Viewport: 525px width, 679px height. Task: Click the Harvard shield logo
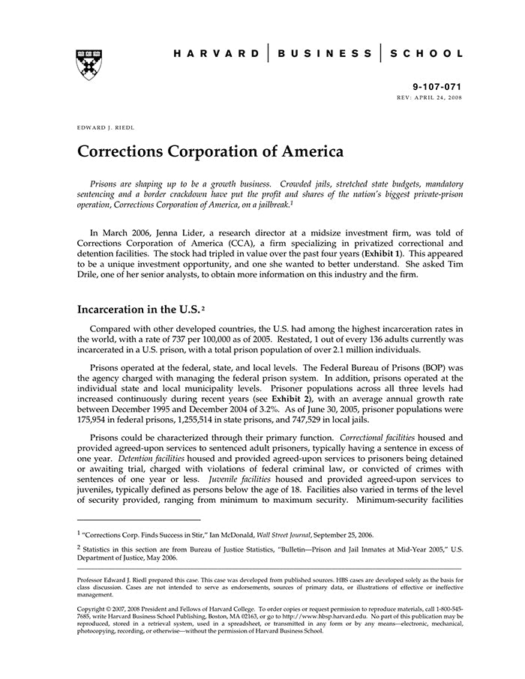[89, 65]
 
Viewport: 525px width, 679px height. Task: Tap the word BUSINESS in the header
[324, 54]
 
